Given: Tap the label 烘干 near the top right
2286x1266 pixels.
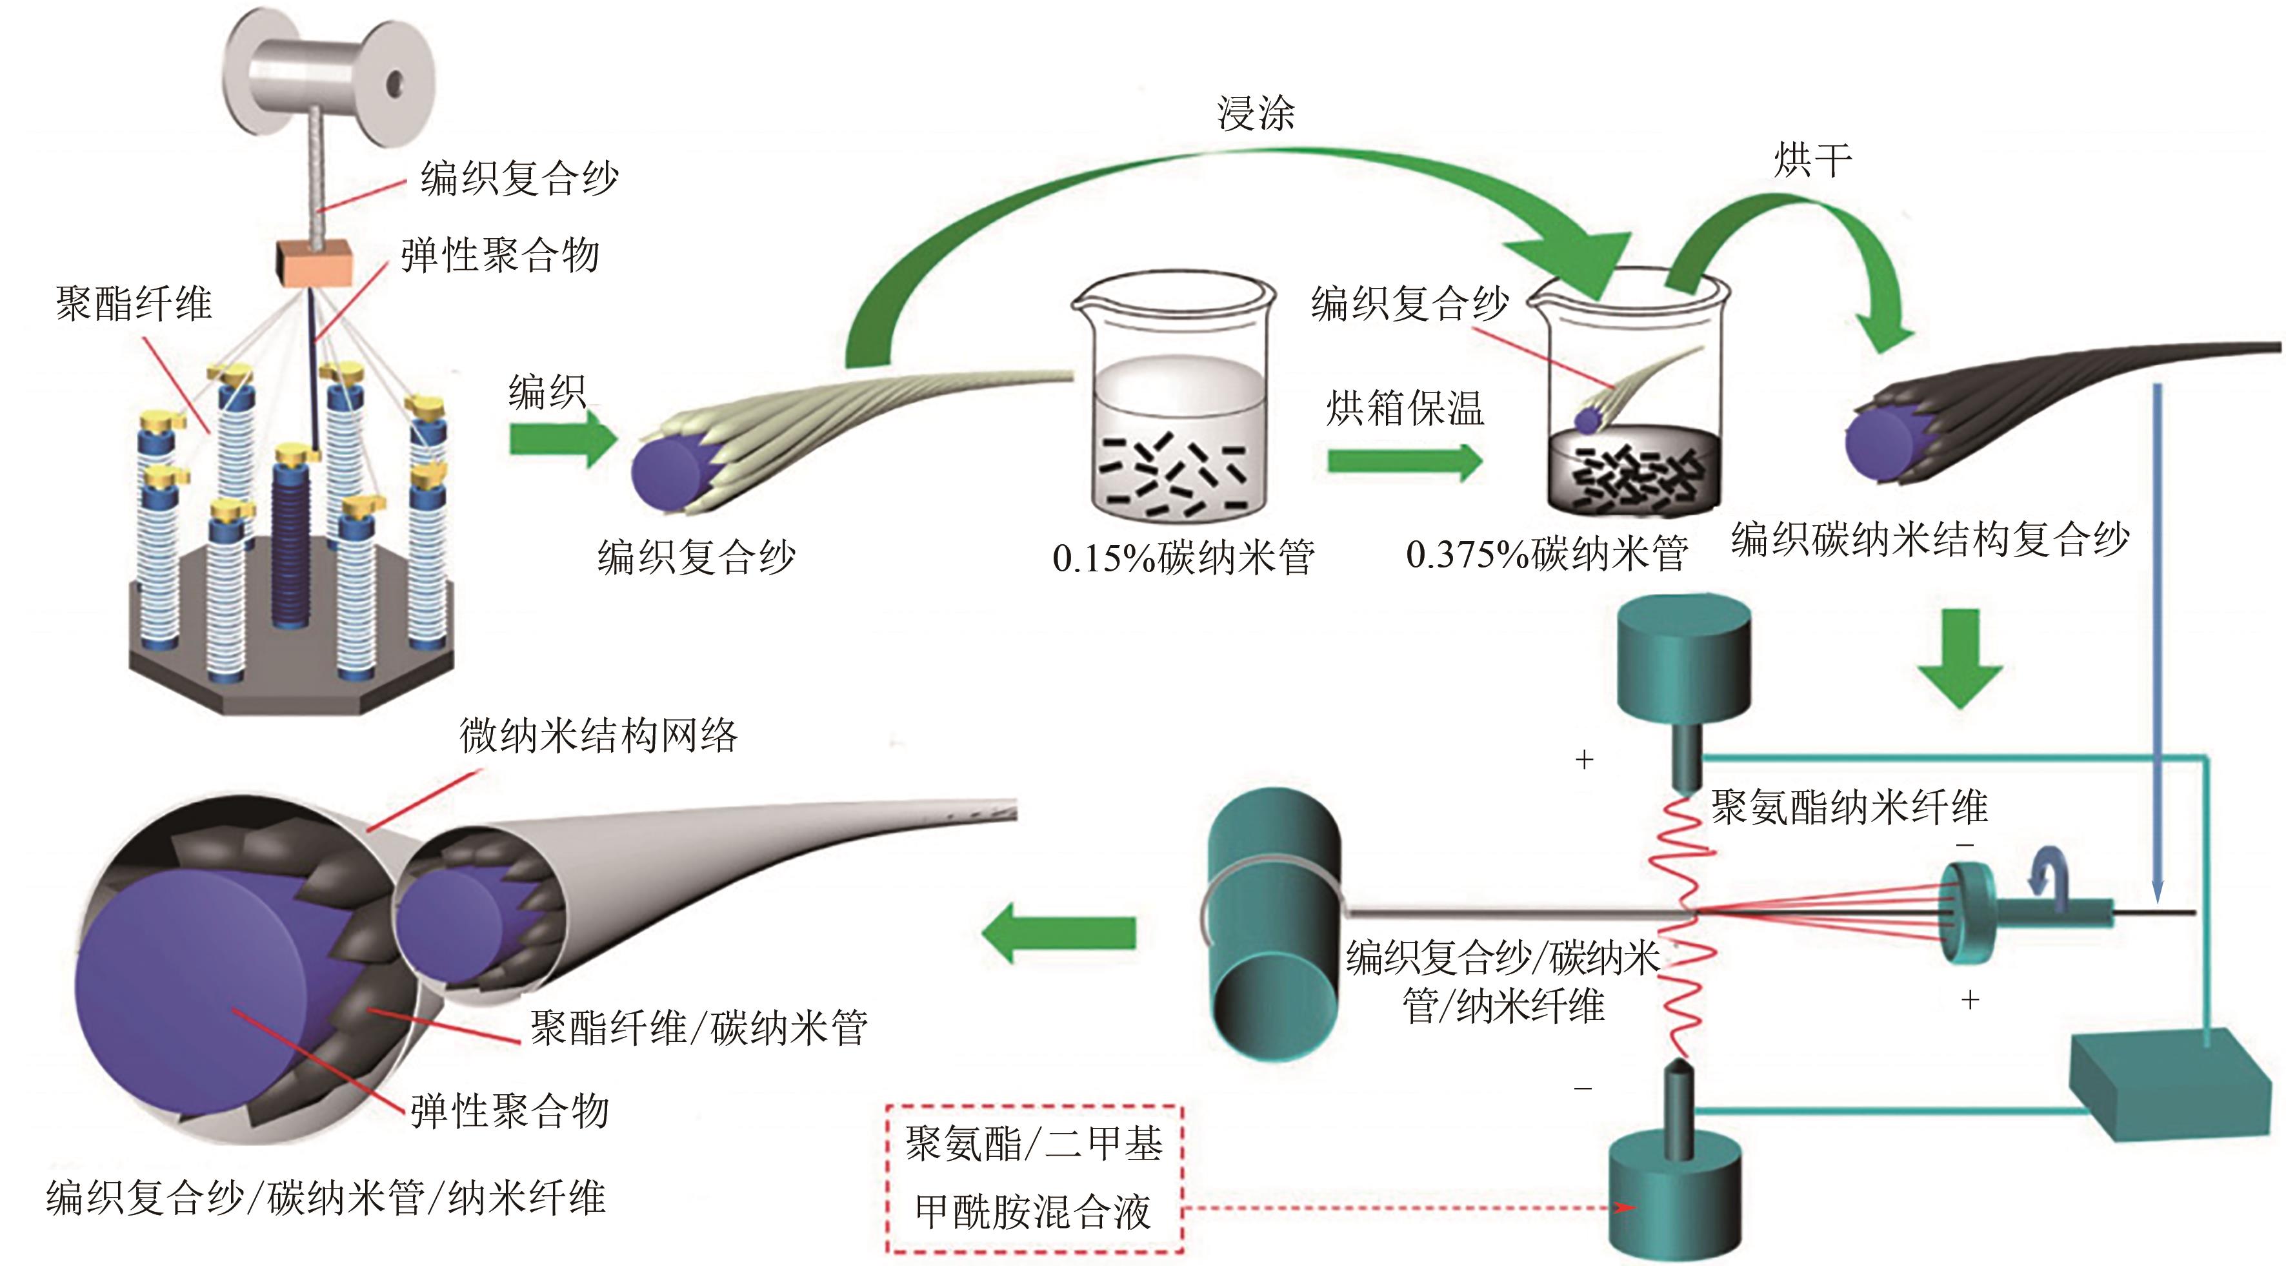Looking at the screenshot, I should [x=1812, y=161].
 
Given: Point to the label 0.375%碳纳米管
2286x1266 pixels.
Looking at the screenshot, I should [x=1546, y=555].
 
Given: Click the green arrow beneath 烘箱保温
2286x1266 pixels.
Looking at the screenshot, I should [x=1404, y=461].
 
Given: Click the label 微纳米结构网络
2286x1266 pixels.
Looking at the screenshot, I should [x=598, y=735].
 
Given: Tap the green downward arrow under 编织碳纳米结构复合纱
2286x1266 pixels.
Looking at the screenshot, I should [x=1960, y=658].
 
